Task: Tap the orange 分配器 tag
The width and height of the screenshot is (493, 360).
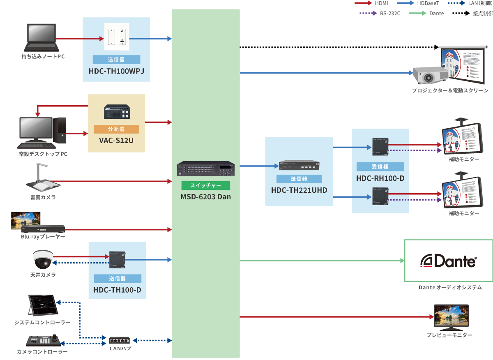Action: (x=116, y=129)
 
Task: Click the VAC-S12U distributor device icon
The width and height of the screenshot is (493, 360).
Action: (x=117, y=113)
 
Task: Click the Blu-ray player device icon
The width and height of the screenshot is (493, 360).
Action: (x=43, y=228)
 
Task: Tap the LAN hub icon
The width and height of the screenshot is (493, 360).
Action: (x=120, y=340)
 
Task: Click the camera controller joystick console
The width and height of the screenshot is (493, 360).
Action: (x=44, y=341)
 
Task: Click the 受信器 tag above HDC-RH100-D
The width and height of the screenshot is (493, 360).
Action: (x=380, y=166)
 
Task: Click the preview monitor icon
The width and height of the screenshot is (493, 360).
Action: (x=451, y=317)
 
